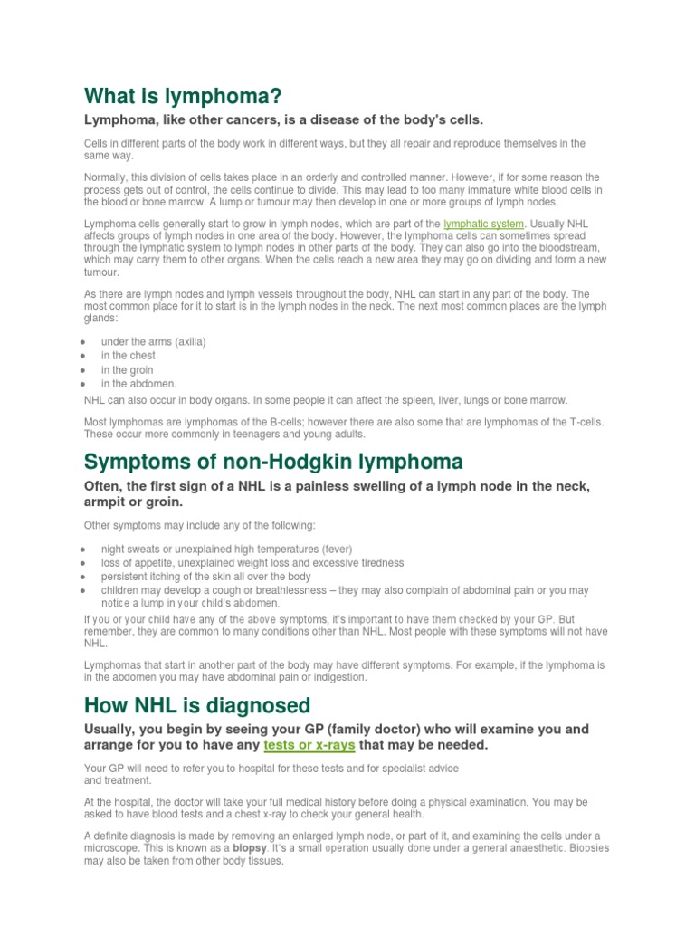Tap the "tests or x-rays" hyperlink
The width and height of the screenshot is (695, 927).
pos(309,744)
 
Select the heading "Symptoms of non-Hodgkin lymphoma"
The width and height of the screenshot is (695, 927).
pos(273,462)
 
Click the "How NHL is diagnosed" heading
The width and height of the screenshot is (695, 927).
pos(196,704)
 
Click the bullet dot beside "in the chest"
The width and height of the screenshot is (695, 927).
pos(83,356)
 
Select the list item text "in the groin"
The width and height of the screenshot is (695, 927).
pos(127,369)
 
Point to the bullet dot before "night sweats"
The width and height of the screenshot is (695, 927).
pos(83,549)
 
